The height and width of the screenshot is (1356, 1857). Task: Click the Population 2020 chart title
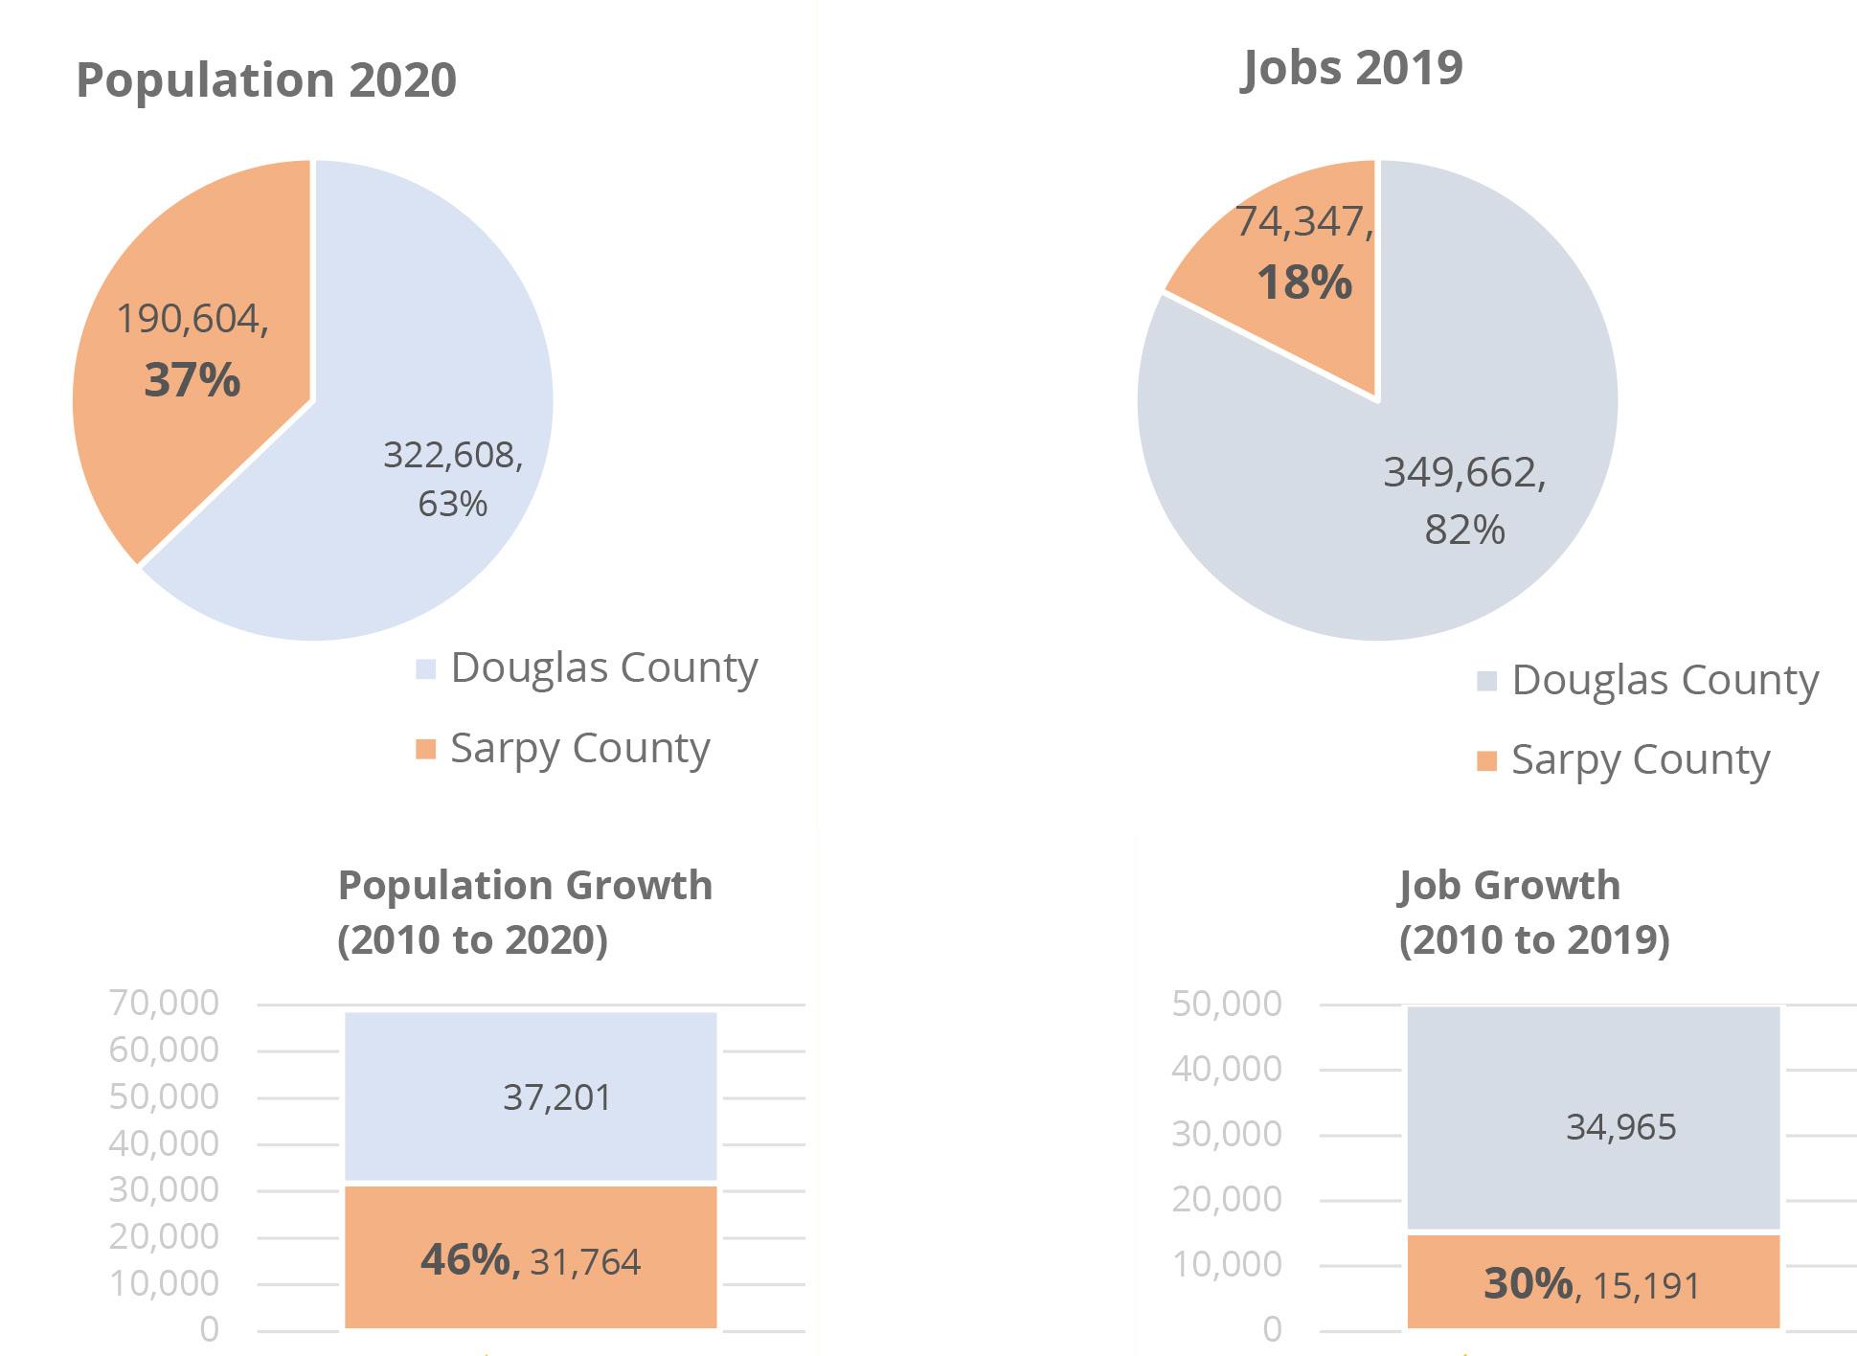(x=266, y=80)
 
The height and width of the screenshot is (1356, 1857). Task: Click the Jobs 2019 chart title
(x=1351, y=68)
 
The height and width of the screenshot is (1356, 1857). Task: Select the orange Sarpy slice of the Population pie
(x=192, y=354)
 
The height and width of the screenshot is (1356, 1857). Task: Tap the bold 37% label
(x=192, y=380)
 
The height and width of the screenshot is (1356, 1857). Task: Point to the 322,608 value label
(x=453, y=455)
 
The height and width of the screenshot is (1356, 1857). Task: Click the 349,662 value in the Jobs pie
(x=1464, y=473)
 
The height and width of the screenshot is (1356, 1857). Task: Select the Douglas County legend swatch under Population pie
(x=425, y=668)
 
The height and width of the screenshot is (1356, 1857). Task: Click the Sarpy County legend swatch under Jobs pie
(x=1486, y=761)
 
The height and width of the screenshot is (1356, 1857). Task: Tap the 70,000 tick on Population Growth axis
(x=164, y=1003)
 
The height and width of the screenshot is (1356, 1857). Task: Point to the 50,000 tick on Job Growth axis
(x=1226, y=1004)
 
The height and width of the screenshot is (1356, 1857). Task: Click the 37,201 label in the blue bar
(x=557, y=1097)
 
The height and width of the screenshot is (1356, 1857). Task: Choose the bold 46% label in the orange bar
(x=470, y=1259)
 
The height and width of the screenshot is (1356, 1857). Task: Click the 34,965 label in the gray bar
(x=1621, y=1127)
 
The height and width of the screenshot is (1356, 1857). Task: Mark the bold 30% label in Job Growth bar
(x=1529, y=1283)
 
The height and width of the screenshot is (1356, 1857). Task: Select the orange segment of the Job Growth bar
(x=1593, y=1281)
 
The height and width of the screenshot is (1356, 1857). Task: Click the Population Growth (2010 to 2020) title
(x=526, y=913)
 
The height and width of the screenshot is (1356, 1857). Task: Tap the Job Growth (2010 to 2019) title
(x=1533, y=913)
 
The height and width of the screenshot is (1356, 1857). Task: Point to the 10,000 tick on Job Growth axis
(x=1226, y=1264)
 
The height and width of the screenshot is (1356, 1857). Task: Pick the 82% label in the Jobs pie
(x=1464, y=530)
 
